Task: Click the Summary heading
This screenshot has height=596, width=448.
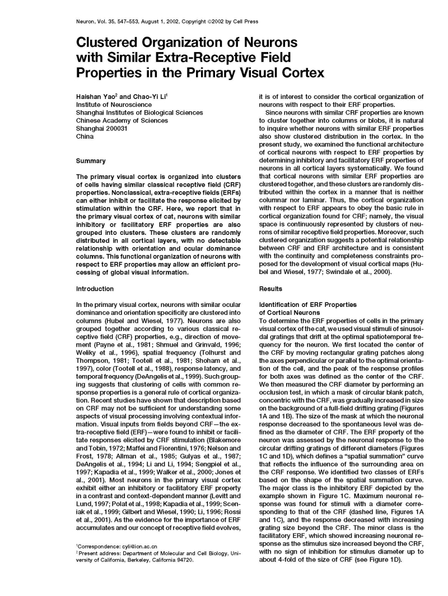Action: [90, 161]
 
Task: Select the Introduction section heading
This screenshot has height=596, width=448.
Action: [95, 288]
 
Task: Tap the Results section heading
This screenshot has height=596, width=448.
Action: [270, 288]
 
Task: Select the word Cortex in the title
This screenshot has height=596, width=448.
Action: [297, 73]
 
